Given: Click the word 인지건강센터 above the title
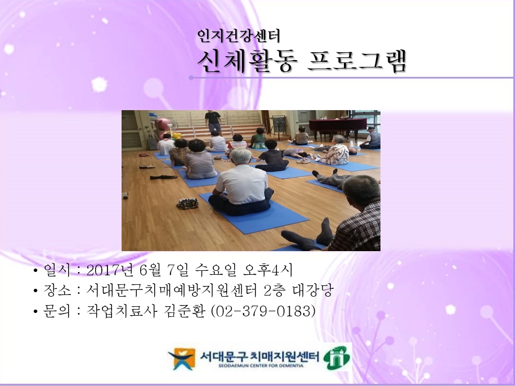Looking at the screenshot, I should click(x=239, y=37).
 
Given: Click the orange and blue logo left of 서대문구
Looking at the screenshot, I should click(x=181, y=358).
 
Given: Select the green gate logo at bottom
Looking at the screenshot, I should click(x=336, y=357).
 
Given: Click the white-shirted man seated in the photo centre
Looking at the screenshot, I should click(x=243, y=188).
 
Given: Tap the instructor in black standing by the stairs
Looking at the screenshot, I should click(x=213, y=121).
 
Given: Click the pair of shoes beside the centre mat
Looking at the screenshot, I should click(x=187, y=203).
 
